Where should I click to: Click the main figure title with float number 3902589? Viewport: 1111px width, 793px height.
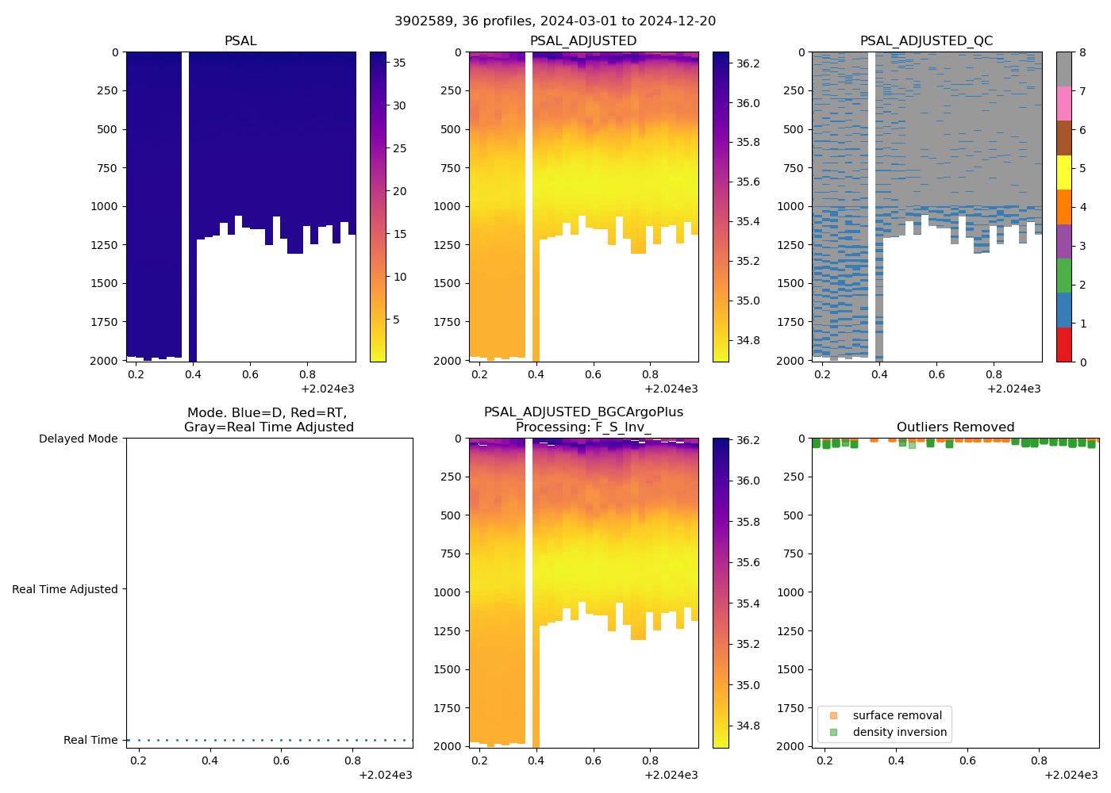click(555, 21)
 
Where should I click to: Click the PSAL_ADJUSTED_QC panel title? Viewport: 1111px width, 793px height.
click(926, 41)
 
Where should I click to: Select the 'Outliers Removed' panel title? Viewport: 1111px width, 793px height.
click(955, 427)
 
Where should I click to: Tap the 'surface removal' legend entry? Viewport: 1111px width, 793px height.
click(897, 715)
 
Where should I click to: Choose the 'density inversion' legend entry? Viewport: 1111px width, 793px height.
click(899, 733)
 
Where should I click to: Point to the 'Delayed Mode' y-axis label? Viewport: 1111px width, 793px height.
click(78, 439)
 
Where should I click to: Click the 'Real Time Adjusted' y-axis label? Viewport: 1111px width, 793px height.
click(64, 589)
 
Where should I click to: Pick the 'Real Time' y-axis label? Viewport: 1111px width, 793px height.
click(90, 740)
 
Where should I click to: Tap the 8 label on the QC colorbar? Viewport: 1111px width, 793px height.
click(1082, 52)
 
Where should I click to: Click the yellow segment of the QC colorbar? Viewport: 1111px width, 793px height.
click(1063, 172)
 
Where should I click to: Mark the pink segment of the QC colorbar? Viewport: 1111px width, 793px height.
click(1063, 103)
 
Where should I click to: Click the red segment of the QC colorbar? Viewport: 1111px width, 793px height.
click(1063, 345)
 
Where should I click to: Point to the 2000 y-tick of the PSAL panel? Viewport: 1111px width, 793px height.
click(104, 361)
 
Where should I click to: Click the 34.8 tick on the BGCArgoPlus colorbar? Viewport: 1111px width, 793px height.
click(748, 726)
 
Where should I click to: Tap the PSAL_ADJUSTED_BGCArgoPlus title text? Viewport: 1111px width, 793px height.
click(583, 412)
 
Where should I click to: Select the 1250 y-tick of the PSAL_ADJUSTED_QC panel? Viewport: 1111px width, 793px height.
click(790, 245)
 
